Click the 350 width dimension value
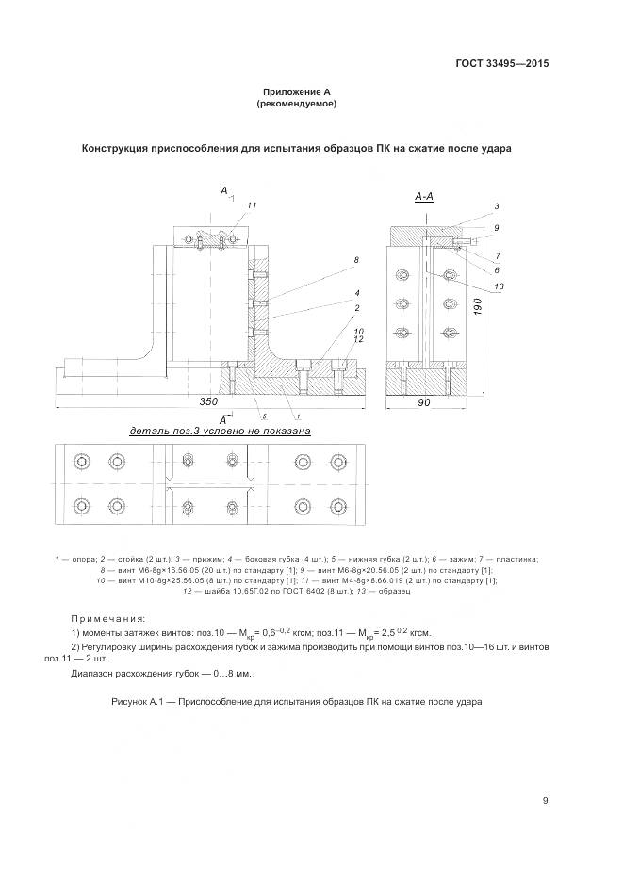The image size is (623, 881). pyautogui.click(x=209, y=401)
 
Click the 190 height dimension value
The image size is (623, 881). pyautogui.click(x=478, y=307)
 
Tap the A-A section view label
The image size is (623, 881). pyautogui.click(x=424, y=196)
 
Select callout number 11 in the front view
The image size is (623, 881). pyautogui.click(x=252, y=204)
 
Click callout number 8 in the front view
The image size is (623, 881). pyautogui.click(x=356, y=259)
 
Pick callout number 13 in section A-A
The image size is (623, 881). pyautogui.click(x=499, y=286)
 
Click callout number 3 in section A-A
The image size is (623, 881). pyautogui.click(x=496, y=204)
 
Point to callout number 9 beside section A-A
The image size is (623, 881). pyautogui.click(x=496, y=227)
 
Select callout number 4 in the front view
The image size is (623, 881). pyautogui.click(x=357, y=293)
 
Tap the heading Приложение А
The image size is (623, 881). pyautogui.click(x=295, y=91)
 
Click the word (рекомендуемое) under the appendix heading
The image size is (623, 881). pyautogui.click(x=296, y=104)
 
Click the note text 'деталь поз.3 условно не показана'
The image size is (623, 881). pyautogui.click(x=221, y=431)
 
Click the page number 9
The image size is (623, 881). pyautogui.click(x=545, y=801)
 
